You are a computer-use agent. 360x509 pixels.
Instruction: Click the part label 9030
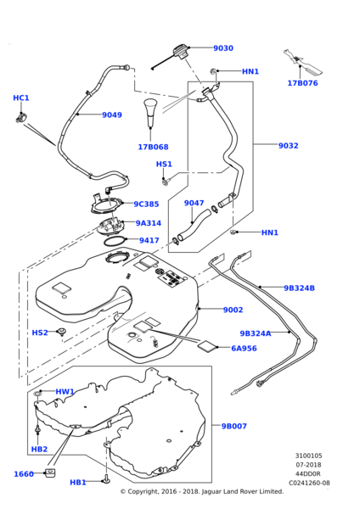click(223, 48)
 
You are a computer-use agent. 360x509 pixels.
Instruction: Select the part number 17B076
click(302, 83)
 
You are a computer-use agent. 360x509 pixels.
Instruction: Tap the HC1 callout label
click(21, 98)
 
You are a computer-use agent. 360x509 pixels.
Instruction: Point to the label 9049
click(112, 115)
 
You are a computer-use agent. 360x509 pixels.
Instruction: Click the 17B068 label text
click(153, 147)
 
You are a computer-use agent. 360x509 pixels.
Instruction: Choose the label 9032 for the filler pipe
click(288, 146)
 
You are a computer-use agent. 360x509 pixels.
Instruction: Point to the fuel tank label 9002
click(233, 310)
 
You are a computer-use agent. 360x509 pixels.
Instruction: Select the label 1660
click(24, 474)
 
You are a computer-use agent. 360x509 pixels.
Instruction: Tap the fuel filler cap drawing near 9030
click(179, 52)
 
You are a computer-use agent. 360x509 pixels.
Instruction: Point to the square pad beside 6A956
click(206, 345)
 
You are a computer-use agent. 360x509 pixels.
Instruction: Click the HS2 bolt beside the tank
click(62, 332)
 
